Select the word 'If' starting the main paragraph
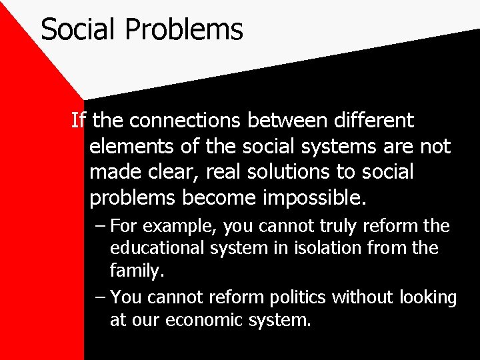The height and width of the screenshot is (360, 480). pyautogui.click(x=79, y=121)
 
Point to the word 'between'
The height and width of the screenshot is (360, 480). pyautogui.click(x=289, y=121)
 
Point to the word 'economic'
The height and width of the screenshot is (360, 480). pyautogui.click(x=197, y=320)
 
